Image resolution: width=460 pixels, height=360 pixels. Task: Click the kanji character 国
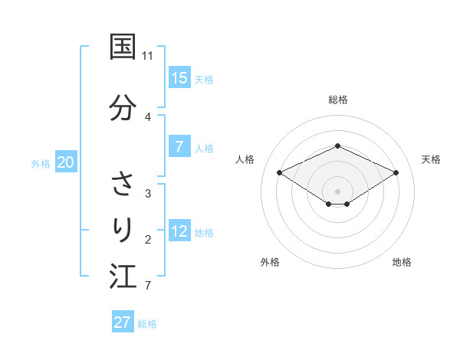[x=123, y=47]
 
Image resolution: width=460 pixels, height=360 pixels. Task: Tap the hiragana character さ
[x=123, y=185]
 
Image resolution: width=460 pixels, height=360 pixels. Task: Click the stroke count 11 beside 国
[x=148, y=56]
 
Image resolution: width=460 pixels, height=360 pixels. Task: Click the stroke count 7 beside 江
[x=148, y=286]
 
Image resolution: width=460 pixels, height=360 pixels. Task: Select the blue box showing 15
[x=179, y=78]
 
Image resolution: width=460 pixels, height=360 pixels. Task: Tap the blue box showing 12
[x=179, y=232]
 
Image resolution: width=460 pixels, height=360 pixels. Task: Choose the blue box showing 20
[x=66, y=162]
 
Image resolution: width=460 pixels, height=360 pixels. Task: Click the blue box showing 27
[x=123, y=322]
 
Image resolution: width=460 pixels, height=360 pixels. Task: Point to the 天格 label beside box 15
[x=204, y=79]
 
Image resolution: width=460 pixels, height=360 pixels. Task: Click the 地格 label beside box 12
[x=204, y=233]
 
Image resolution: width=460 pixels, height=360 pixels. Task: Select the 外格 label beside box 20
[x=41, y=163]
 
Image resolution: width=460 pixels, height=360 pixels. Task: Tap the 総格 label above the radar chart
[x=337, y=100]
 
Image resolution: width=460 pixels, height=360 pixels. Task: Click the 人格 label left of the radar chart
[x=245, y=159]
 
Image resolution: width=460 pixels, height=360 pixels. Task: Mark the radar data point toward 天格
[x=396, y=172]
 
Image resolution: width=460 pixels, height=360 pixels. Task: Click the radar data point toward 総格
[x=337, y=146]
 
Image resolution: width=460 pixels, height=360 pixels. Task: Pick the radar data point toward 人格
[x=280, y=172]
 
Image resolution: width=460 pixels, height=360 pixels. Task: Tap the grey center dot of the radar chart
[x=337, y=191]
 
